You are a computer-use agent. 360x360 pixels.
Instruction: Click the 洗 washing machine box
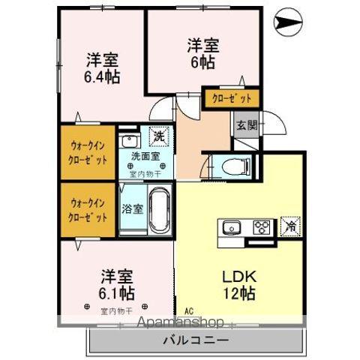(159, 137)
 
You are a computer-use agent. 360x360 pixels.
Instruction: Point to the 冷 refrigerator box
(289, 223)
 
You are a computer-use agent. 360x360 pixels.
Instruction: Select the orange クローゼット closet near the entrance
(232, 98)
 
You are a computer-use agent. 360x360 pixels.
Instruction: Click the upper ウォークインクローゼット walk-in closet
(88, 153)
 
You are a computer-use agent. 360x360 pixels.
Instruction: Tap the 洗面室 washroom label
(145, 157)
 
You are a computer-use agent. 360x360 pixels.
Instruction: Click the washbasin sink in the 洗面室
(129, 141)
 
